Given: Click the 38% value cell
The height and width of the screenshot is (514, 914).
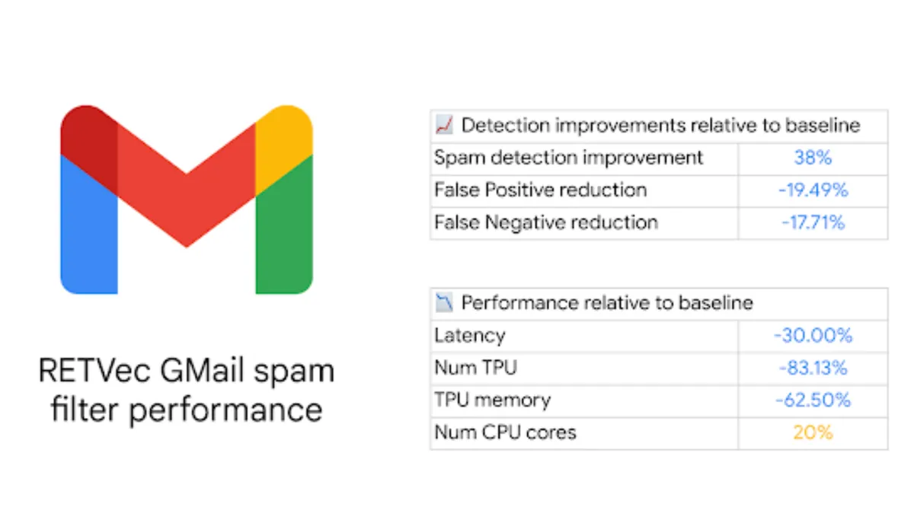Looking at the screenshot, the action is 813,158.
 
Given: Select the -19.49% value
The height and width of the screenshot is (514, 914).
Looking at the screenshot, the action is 813,190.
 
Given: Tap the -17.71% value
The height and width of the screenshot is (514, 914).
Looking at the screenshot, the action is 813,222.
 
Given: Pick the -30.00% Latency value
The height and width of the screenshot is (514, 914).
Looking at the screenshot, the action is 813,335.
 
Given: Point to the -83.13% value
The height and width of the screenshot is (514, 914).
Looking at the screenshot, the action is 813,368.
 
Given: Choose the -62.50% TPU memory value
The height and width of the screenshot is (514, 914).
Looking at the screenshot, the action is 813,401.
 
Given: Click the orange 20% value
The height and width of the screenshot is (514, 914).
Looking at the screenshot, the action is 813,433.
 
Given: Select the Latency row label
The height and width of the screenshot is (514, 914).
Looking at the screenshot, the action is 470,336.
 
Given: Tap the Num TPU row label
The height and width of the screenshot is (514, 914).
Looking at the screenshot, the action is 476,368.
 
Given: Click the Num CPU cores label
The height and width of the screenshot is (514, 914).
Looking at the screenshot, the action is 505,433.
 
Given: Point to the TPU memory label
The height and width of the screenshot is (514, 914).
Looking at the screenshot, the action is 493,401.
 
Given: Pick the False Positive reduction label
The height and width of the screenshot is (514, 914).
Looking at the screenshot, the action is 541,190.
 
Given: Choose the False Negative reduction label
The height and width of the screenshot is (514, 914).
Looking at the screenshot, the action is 546,223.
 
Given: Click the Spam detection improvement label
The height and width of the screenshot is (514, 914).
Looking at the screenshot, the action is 569,158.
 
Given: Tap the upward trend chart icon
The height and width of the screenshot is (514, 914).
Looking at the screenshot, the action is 444,125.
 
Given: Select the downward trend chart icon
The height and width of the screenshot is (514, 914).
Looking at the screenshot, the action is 444,303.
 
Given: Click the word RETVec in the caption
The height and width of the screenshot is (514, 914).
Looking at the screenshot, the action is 94,370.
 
